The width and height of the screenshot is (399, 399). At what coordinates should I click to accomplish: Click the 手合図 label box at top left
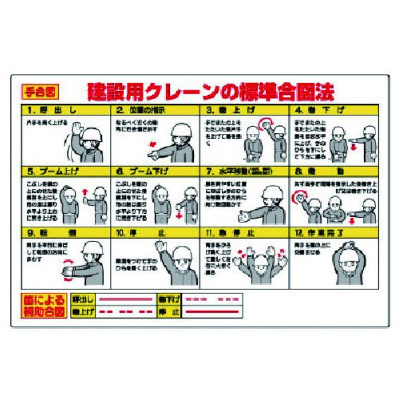[x=39, y=91]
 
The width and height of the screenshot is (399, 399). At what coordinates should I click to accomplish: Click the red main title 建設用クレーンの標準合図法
[x=210, y=91]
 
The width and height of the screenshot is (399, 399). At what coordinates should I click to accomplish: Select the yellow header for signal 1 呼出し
[x=65, y=109]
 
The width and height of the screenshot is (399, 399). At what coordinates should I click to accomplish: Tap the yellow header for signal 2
[x=154, y=109]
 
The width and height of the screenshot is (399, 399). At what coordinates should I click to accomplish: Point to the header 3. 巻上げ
[x=243, y=109]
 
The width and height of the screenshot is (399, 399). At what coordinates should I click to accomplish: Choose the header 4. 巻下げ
[x=333, y=109]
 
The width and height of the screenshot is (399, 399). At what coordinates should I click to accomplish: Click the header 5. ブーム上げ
[x=65, y=170]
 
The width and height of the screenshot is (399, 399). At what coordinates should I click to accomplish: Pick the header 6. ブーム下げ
[x=154, y=170]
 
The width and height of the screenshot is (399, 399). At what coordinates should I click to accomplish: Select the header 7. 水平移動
[x=243, y=170]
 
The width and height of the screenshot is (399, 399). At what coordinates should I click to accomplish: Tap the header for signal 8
[x=333, y=170]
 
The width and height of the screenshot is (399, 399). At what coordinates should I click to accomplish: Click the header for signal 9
[x=65, y=232]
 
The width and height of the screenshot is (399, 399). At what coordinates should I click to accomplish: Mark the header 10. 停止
[x=154, y=232]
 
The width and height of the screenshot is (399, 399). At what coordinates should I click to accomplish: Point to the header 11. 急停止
[x=243, y=232]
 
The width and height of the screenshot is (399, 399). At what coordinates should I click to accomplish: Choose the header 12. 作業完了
[x=333, y=232]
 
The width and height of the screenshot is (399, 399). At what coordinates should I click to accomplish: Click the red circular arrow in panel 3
[x=265, y=124]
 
